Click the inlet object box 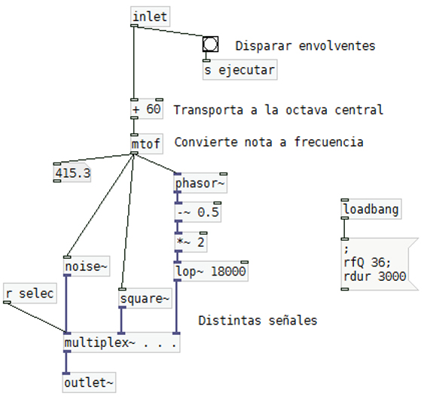click(x=150, y=17)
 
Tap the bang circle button click(x=210, y=44)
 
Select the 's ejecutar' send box click(x=240, y=70)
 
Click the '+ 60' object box click(x=147, y=109)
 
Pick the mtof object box click(x=147, y=144)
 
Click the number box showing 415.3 click(x=72, y=173)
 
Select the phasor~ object click(x=200, y=183)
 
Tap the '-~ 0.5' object click(x=198, y=212)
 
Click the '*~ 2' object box click(x=191, y=242)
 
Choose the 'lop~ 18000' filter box click(x=211, y=271)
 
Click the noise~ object click(x=87, y=267)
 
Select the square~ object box click(x=145, y=298)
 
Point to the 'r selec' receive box click(x=30, y=294)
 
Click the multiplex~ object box click(x=121, y=343)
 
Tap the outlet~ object click(x=89, y=382)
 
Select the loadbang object click(x=371, y=209)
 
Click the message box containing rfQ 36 click(x=380, y=264)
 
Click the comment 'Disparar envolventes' click(x=305, y=46)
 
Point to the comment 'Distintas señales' click(x=258, y=321)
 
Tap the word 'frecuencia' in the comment click(x=328, y=142)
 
